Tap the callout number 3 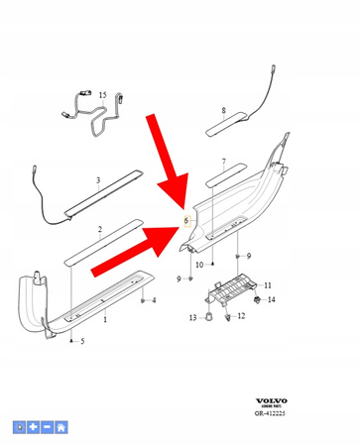click(98, 179)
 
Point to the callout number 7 click(224, 162)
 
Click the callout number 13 click(193, 318)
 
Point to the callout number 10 click(199, 266)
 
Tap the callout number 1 click(105, 322)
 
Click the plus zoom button click(34, 427)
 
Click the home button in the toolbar click(61, 427)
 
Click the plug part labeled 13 click(211, 316)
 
